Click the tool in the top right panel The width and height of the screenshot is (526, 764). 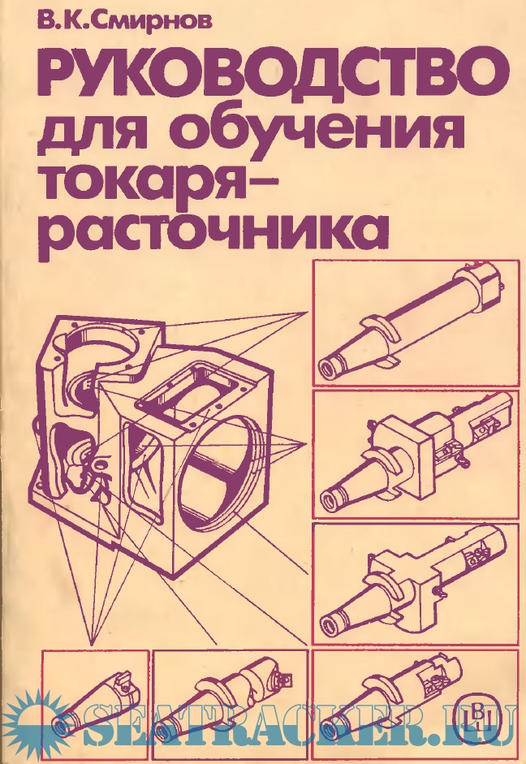(410, 326)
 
